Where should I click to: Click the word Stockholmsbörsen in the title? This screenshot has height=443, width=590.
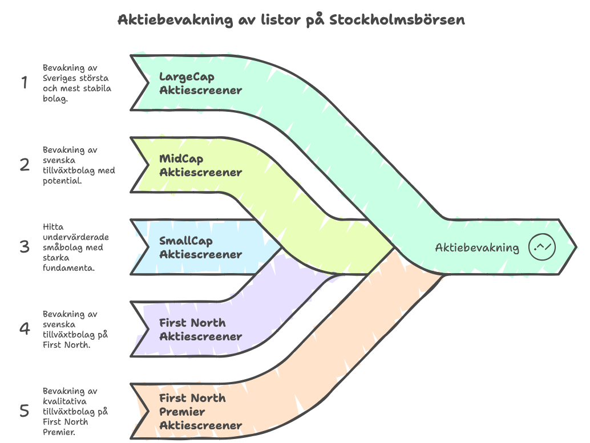[397, 19]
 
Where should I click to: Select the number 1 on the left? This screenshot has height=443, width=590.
[25, 82]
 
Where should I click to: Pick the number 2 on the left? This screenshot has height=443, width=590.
[25, 165]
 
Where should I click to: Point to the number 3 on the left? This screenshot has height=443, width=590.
[25, 247]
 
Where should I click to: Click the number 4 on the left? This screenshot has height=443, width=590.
[25, 328]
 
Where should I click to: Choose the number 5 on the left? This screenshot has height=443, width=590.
[25, 411]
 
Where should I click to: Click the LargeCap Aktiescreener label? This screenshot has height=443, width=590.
[200, 83]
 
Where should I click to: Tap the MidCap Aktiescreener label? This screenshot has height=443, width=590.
[200, 165]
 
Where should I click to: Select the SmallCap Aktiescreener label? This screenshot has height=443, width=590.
[200, 247]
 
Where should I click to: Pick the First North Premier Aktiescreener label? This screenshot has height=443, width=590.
[200, 412]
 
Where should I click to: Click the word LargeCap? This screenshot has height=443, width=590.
[187, 77]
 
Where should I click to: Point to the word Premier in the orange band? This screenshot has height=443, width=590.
[182, 412]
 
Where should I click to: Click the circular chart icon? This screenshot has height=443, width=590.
[542, 247]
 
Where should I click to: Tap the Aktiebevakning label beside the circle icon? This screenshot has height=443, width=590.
[477, 247]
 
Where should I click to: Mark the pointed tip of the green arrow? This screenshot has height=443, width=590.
[576, 247]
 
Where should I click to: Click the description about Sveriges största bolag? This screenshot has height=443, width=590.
[77, 83]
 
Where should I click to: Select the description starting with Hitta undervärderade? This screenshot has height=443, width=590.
[76, 247]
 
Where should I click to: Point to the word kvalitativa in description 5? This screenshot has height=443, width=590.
[64, 401]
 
